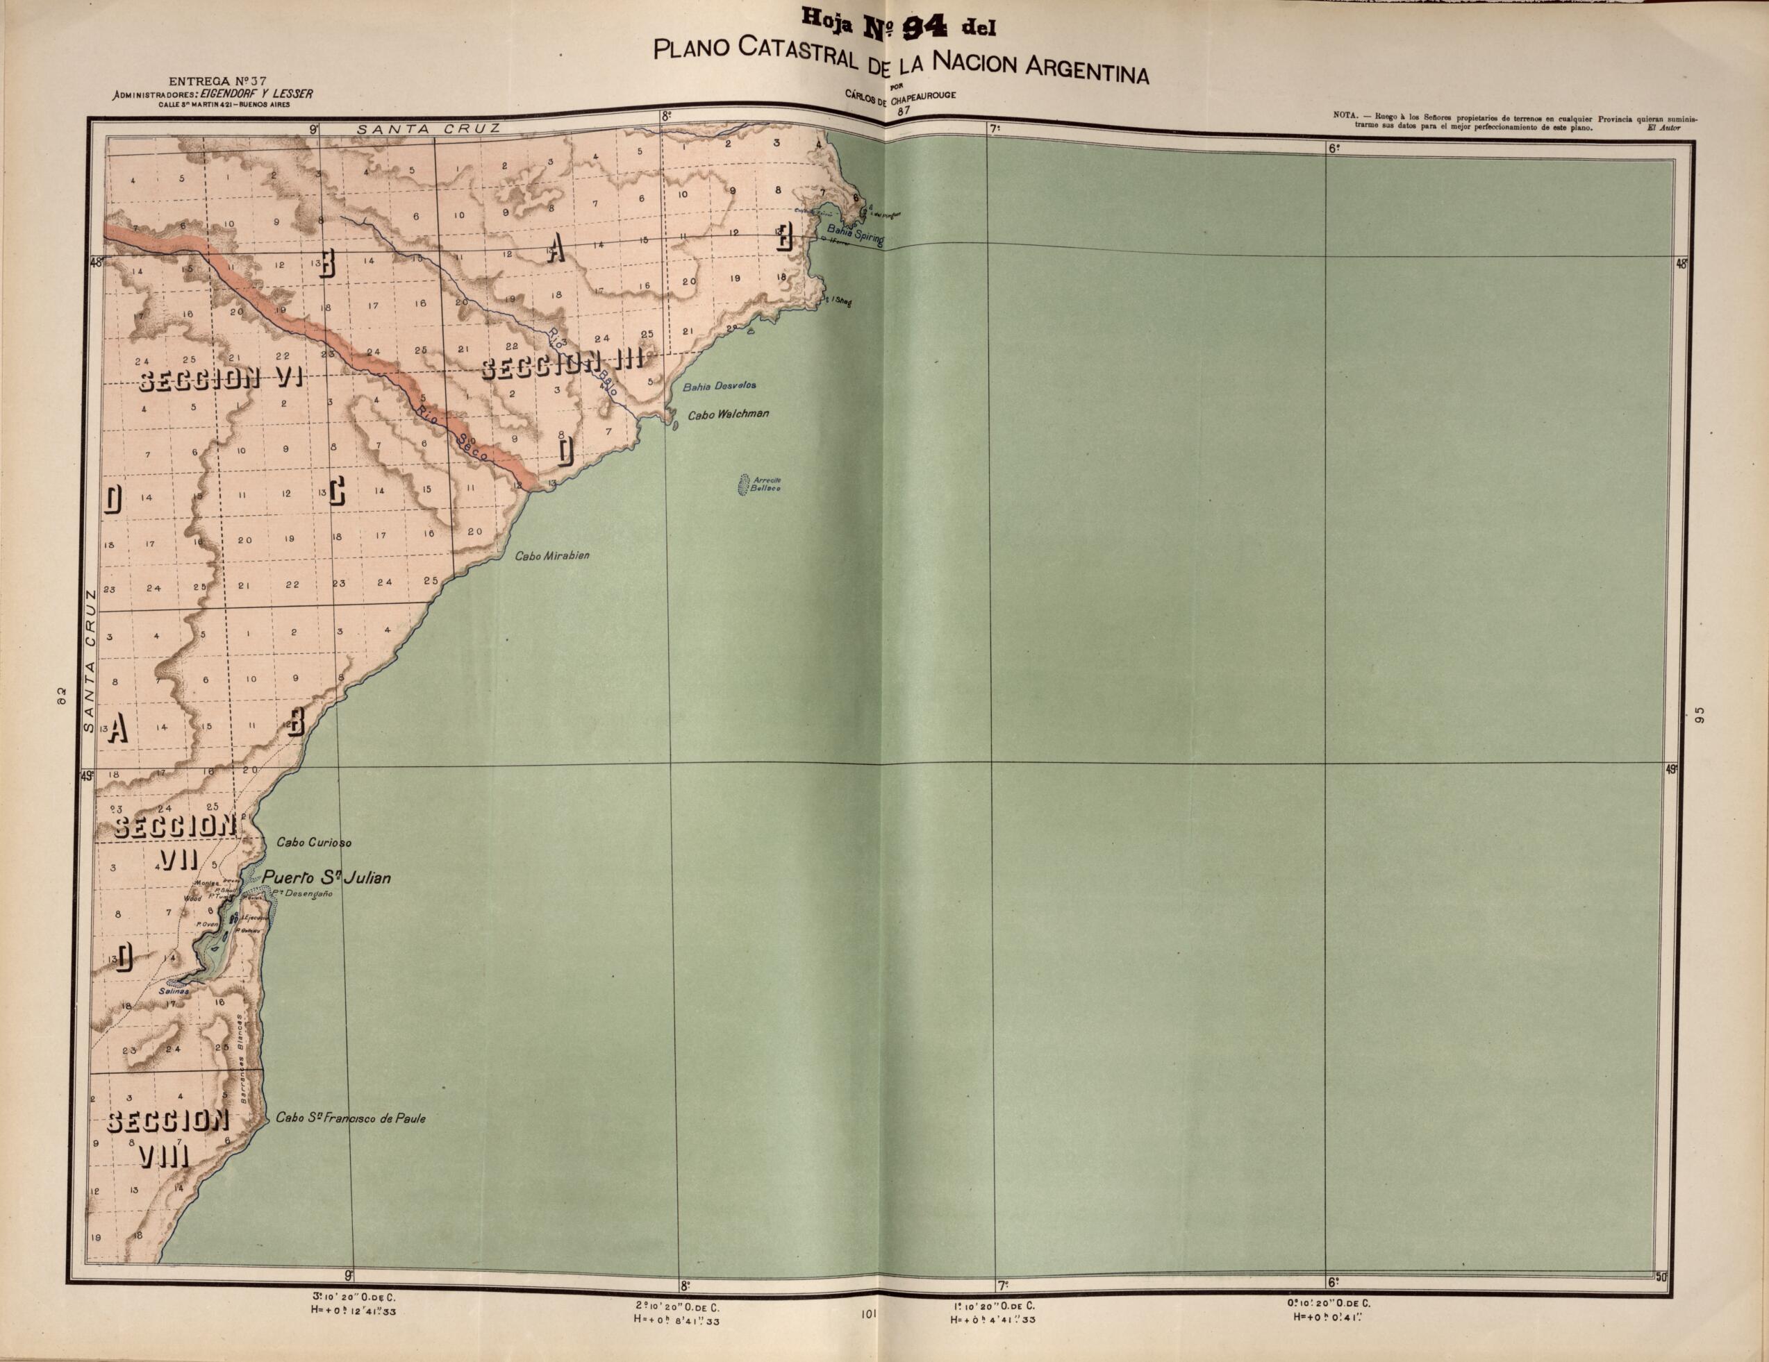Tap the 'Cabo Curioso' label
(x=313, y=842)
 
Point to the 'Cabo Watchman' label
(x=727, y=414)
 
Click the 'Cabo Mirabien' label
(x=552, y=556)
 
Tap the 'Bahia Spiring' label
(x=854, y=239)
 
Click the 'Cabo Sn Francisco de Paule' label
(x=350, y=1119)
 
